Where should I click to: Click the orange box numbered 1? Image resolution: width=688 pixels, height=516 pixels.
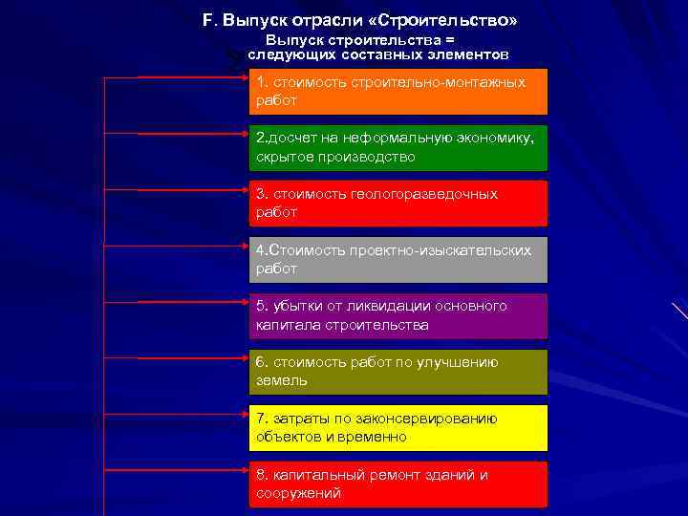398,92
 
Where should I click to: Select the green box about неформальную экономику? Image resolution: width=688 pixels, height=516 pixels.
398,147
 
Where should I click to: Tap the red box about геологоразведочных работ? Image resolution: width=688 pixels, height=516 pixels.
398,204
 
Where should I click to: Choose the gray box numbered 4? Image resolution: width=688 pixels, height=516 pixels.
398,259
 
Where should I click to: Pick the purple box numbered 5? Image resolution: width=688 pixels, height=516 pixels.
398,315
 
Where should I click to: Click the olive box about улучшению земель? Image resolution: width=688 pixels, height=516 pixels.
398,372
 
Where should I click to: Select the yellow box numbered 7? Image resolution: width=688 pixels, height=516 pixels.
398,428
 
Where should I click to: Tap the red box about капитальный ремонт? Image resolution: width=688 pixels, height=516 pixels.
398,484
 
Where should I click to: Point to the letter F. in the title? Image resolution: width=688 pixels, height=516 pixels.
209,20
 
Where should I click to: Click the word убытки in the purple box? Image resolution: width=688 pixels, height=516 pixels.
296,306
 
